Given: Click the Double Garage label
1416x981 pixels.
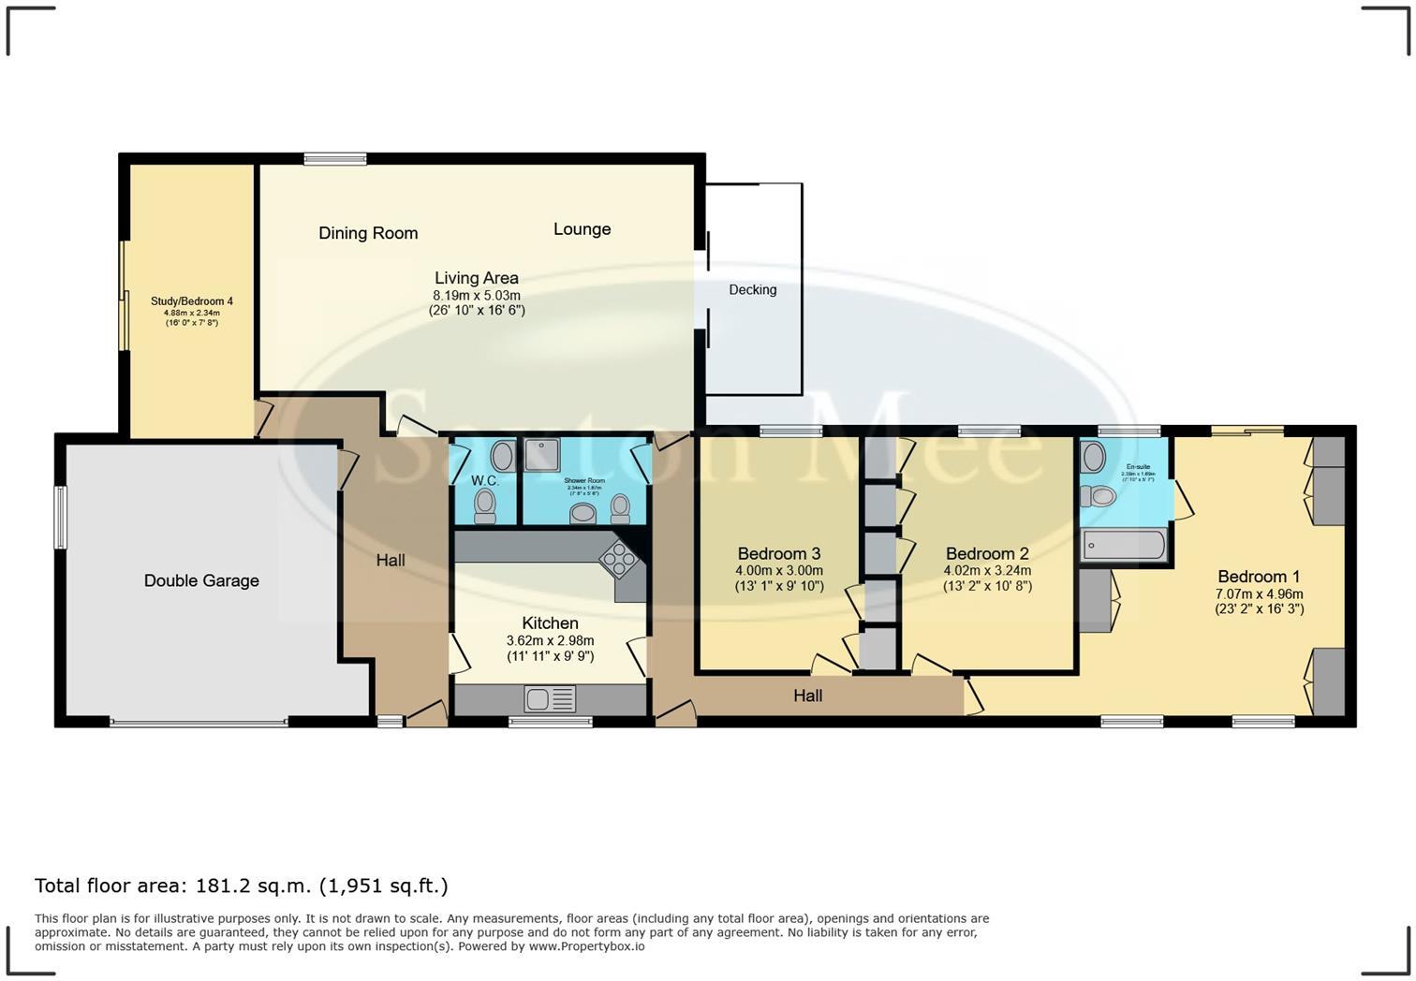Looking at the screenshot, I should [201, 580].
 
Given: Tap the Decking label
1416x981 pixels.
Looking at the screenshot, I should [753, 290].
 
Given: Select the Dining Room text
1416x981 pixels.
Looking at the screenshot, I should [368, 233].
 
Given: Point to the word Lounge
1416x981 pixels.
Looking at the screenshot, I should [582, 229].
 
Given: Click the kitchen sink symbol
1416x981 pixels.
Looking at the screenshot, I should [550, 699].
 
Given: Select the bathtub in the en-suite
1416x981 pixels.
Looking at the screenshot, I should [1123, 545].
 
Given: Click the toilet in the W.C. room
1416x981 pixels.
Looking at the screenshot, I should [484, 505].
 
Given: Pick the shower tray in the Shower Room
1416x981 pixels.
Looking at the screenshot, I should [541, 455].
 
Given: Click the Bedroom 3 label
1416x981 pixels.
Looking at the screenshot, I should [779, 553].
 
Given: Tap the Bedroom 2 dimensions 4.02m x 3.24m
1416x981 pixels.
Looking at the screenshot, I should [987, 570].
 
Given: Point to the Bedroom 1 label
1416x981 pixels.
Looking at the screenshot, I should [1259, 577].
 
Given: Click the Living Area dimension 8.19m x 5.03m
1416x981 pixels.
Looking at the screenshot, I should [476, 295].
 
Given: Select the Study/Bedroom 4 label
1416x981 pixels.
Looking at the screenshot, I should [192, 301].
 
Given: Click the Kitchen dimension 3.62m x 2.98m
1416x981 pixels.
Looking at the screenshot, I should [550, 640].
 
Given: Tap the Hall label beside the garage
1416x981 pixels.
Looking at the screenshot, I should [391, 560].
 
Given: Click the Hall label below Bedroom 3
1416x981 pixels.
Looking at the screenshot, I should [807, 695].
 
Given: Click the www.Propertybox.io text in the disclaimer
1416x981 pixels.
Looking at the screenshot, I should [586, 946].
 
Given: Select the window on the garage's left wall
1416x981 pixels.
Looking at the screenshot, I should [61, 517].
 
